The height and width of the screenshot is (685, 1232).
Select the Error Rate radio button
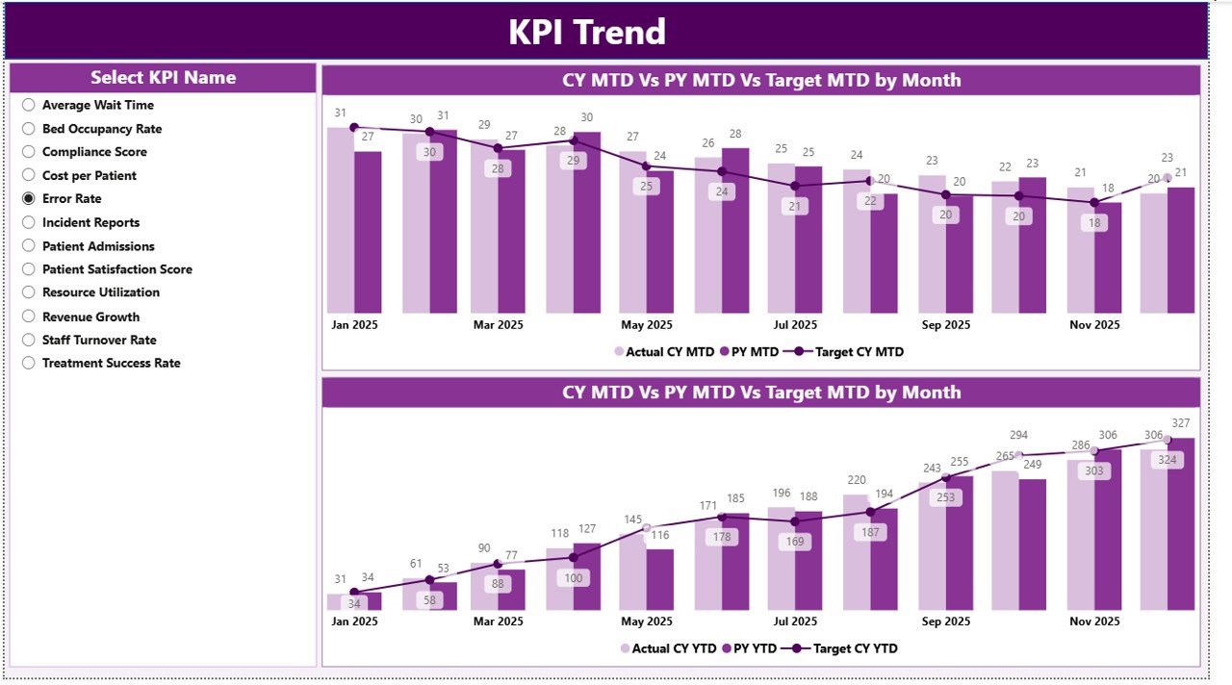point(29,198)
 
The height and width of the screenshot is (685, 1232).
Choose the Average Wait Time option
point(29,105)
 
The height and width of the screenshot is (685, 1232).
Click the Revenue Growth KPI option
point(29,317)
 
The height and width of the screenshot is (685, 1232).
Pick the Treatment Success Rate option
point(29,363)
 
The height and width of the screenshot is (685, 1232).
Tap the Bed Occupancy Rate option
point(29,129)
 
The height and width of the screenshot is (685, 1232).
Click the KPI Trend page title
point(586,32)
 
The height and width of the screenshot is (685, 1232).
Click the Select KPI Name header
point(163,78)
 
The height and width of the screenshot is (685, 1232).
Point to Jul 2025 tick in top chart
point(795,325)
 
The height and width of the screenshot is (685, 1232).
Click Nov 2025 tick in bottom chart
point(1094,622)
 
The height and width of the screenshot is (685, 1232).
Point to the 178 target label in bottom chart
point(721,537)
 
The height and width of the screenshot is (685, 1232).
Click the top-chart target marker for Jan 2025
point(354,127)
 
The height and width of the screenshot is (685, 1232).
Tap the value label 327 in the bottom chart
point(1180,423)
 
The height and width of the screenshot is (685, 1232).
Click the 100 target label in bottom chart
point(572,578)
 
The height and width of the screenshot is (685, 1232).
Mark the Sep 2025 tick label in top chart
point(945,325)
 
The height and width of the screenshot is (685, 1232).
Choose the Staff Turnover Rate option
point(29,340)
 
